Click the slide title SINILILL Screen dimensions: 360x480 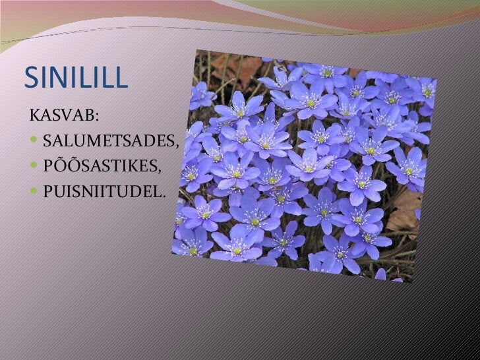(75, 78)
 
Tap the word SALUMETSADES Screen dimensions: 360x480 (109, 140)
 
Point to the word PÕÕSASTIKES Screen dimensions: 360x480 (100, 165)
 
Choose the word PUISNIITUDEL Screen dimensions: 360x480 (102, 191)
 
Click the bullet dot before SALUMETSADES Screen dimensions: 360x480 (35, 140)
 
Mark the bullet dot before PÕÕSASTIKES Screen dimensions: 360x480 (35, 165)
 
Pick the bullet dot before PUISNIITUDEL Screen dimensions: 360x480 (35, 191)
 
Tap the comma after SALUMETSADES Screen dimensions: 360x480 (177, 145)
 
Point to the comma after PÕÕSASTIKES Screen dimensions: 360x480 (159, 170)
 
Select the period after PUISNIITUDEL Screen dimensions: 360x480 (164, 195)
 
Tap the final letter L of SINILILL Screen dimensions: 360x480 (119, 78)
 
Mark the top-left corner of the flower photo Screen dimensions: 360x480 (196, 50)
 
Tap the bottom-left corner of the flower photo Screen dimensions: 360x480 (172, 255)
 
